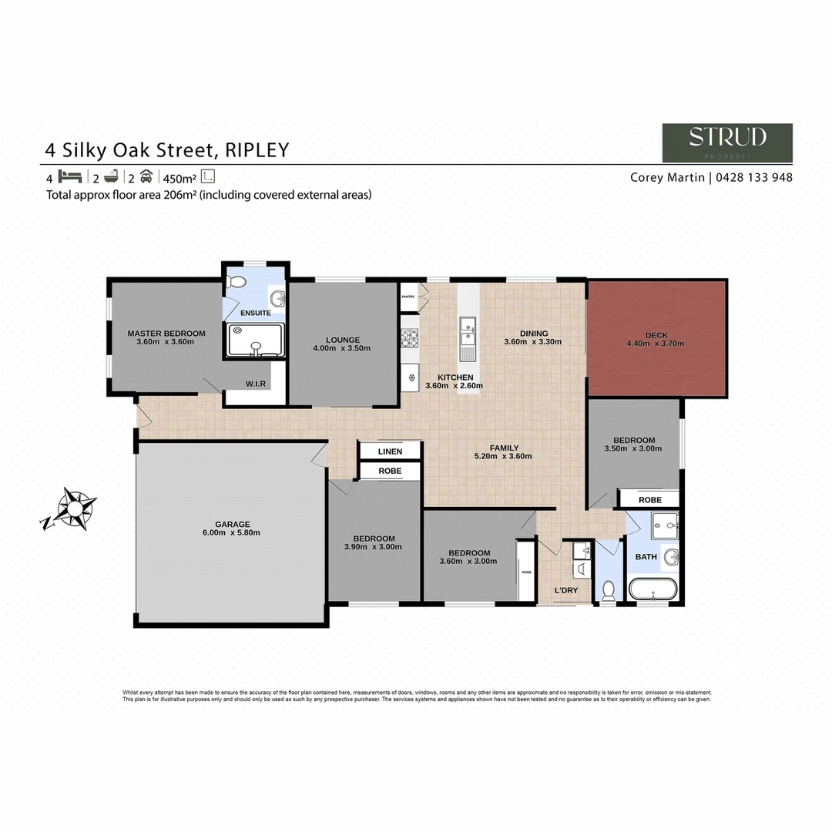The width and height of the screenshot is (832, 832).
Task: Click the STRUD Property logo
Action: tap(727, 143)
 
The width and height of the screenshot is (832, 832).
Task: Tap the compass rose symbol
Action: tap(75, 508)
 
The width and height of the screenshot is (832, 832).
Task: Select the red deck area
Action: tap(656, 339)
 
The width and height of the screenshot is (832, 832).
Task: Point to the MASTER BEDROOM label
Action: tap(166, 333)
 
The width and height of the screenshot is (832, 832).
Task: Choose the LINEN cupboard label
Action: tap(390, 451)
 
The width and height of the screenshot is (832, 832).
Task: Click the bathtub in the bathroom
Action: tap(653, 592)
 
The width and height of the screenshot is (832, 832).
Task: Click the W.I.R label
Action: tap(256, 383)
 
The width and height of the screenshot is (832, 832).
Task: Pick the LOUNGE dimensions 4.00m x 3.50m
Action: tap(343, 348)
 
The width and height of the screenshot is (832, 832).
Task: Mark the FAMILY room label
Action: tap(505, 448)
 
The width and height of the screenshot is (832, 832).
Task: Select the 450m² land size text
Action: tap(179, 177)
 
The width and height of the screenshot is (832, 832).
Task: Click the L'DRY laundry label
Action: tap(566, 591)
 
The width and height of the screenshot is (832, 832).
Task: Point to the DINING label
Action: tap(533, 333)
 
